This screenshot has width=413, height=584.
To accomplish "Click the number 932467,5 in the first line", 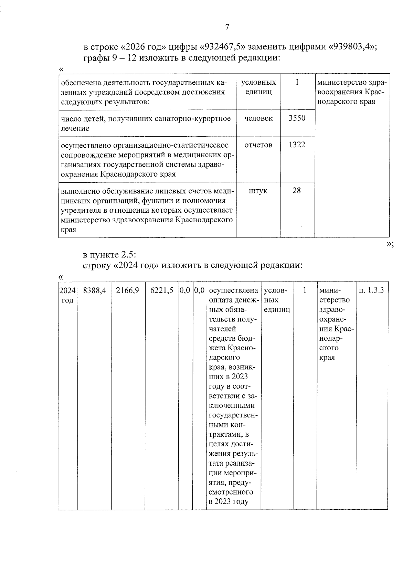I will coord(224,46).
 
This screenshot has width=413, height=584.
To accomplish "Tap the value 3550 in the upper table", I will coord(297,118).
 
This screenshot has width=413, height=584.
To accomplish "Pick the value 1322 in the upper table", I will coord(297,145).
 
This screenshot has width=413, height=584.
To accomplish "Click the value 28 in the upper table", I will coord(297,190).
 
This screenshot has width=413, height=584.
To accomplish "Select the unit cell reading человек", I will coord(258,118).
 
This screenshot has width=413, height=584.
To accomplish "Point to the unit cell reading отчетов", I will coord(258,145).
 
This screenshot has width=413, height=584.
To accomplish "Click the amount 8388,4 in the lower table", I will coord(95,290).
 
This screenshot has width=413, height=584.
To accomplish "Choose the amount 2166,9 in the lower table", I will coord(128,290).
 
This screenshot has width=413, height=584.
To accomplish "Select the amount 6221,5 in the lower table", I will coord(162,290).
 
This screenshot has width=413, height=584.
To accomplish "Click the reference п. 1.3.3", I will coord(371,290).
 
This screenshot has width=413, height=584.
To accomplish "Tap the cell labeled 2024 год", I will coord(67,295).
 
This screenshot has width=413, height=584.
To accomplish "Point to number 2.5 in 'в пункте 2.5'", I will coord(129,255).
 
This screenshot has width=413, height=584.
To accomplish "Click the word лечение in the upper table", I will coord(75,128).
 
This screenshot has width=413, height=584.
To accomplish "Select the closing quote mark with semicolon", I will coord(390,244).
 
